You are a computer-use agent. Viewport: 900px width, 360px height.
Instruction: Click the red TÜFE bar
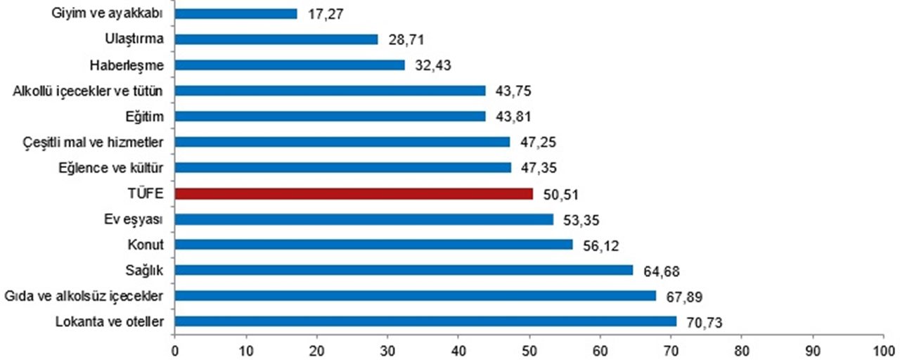(354, 193)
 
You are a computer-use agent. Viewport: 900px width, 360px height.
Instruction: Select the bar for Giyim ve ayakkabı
(236, 13)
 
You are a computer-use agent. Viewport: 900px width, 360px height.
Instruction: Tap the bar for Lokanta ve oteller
(425, 321)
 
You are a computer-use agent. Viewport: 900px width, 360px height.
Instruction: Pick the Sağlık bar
(404, 270)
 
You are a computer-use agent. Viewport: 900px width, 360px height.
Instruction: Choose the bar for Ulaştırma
(276, 39)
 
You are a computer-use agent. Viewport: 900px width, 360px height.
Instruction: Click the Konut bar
(373, 245)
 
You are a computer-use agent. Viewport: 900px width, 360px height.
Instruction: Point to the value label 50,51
(558, 194)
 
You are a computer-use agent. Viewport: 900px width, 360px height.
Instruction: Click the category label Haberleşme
(127, 65)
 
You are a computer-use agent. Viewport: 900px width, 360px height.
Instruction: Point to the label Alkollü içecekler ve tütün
(88, 91)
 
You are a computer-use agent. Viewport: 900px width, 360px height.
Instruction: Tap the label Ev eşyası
(134, 219)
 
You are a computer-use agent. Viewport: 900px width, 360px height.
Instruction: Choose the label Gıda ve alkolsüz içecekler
(84, 296)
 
